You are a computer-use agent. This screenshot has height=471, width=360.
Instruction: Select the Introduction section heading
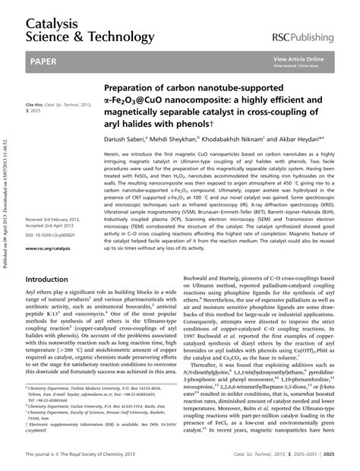49,258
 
